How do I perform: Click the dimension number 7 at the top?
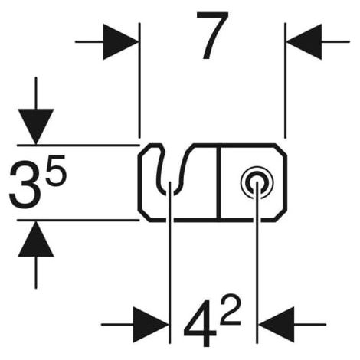(x=212, y=35)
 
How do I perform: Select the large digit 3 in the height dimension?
(x=25, y=185)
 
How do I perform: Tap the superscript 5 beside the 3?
(x=56, y=170)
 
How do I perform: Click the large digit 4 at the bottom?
(x=201, y=323)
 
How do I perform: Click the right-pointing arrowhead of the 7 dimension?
(x=121, y=41)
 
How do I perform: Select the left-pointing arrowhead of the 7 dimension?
(x=304, y=41)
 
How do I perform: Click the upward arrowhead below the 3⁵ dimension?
(x=36, y=239)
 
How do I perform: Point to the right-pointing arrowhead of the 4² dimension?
(x=151, y=325)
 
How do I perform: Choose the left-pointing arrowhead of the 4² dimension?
(x=277, y=325)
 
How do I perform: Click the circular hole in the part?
(x=257, y=182)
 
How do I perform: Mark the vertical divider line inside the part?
(x=218, y=182)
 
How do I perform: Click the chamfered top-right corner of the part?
(x=280, y=149)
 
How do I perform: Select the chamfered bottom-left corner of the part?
(x=144, y=215)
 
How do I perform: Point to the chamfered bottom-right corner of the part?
(x=280, y=215)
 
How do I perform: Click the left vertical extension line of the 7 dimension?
(x=139, y=80)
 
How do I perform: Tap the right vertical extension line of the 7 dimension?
(x=285, y=80)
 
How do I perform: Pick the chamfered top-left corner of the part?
(x=144, y=150)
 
